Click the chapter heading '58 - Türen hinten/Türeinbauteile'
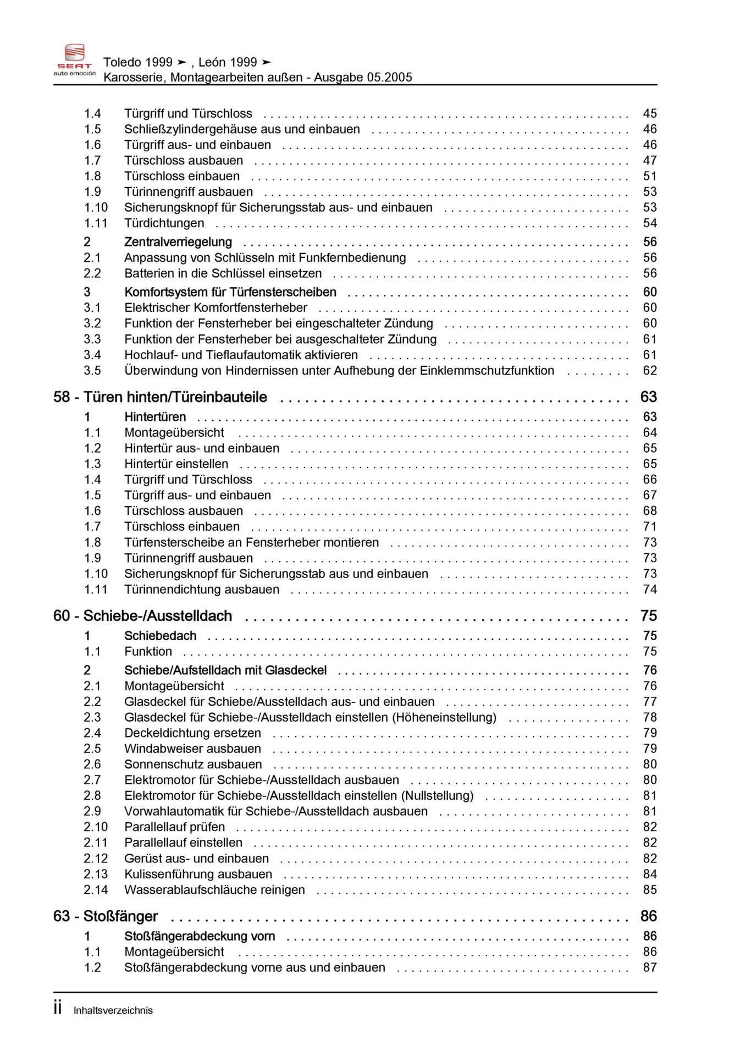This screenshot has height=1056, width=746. [160, 397]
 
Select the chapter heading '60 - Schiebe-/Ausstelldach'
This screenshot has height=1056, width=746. [142, 616]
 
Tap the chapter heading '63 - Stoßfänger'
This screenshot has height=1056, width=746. [106, 916]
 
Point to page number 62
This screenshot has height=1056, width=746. [650, 371]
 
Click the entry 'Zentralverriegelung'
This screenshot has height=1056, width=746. [178, 242]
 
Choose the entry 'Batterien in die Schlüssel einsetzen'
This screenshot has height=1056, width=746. [223, 273]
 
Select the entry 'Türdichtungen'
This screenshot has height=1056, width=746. [164, 223]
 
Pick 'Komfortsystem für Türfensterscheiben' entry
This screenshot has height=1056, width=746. [230, 292]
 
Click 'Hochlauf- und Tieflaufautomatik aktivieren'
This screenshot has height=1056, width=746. [241, 355]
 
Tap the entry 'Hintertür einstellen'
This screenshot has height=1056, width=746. [176, 464]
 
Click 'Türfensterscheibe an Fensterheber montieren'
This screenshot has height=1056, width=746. [252, 542]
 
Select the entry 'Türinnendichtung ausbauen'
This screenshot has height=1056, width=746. [202, 590]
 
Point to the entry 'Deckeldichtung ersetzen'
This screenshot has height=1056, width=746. [193, 733]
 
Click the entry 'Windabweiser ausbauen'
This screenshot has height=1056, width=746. [193, 749]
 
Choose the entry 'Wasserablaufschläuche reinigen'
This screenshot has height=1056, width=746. [215, 890]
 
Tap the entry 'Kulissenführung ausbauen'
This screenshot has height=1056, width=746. [198, 875]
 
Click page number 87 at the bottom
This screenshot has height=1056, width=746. [650, 968]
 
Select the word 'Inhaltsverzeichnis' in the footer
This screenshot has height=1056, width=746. [113, 1010]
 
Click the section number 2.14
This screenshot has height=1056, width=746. [96, 890]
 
